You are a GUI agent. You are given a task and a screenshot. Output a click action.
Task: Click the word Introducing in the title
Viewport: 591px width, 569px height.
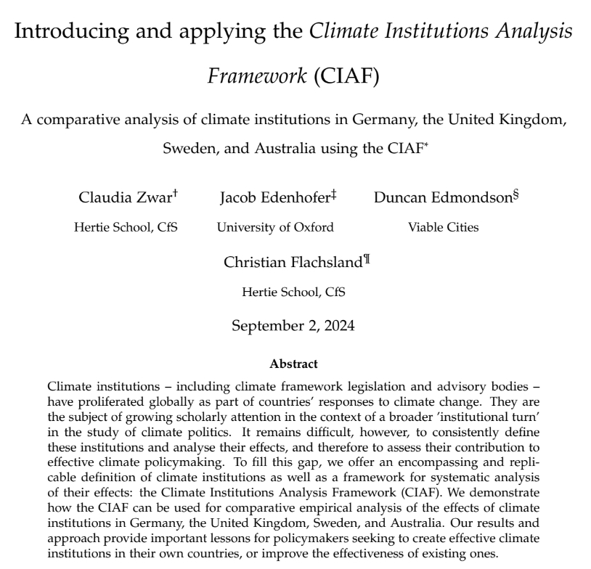tap(65, 33)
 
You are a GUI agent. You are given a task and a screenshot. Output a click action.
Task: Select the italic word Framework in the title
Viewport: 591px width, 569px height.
tap(257, 75)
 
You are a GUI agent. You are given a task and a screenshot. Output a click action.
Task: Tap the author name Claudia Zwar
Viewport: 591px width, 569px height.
tap(121, 198)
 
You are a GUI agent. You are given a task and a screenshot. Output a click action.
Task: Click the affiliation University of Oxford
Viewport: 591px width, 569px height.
tap(275, 227)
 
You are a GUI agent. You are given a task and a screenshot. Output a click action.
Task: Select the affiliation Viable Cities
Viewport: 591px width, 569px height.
tap(443, 227)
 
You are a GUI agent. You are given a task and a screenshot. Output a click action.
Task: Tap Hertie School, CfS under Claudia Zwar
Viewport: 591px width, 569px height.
tap(126, 227)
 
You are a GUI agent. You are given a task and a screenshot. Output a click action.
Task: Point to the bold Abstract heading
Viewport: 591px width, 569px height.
tap(293, 364)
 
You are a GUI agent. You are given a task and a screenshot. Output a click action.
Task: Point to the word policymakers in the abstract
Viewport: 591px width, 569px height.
tap(343, 541)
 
